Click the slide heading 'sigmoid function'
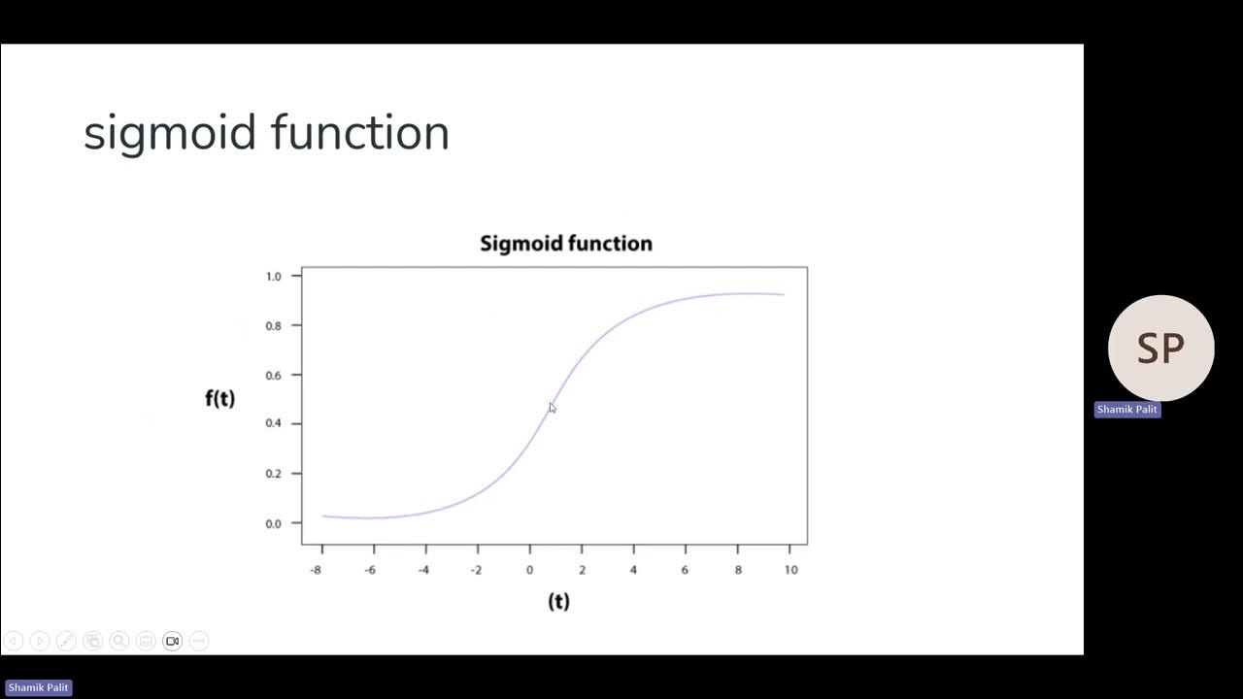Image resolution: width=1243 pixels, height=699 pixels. point(266,133)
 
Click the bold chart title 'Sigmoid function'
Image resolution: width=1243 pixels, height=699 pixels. point(566,244)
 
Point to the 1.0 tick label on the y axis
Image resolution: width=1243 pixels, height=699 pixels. point(273,277)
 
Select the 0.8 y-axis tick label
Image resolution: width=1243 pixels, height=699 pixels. point(273,326)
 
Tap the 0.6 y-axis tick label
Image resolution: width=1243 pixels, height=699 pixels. point(273,376)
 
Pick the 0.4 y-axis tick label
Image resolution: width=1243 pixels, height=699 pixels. point(273,424)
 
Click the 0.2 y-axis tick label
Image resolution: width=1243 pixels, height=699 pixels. point(273,474)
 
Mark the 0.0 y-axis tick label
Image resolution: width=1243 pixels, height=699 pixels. point(273,523)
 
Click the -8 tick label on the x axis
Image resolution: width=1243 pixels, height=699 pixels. point(316,570)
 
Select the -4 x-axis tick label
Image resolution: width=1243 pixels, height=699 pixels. point(423,570)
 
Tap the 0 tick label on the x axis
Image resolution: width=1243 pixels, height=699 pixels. point(529,570)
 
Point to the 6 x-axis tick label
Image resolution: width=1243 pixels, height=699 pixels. point(685,570)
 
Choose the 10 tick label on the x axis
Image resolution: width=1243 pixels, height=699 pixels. point(790,570)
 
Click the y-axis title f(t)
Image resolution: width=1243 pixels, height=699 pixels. point(219,398)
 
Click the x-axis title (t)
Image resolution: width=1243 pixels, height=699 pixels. point(558,602)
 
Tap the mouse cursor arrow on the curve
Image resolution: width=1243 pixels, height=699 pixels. point(552,408)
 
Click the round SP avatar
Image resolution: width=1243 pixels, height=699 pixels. point(1160,348)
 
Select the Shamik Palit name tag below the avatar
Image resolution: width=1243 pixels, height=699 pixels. point(1126,410)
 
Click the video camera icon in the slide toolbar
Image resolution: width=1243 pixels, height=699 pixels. point(172,641)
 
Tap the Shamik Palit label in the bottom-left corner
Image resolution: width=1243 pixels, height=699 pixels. point(38,687)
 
